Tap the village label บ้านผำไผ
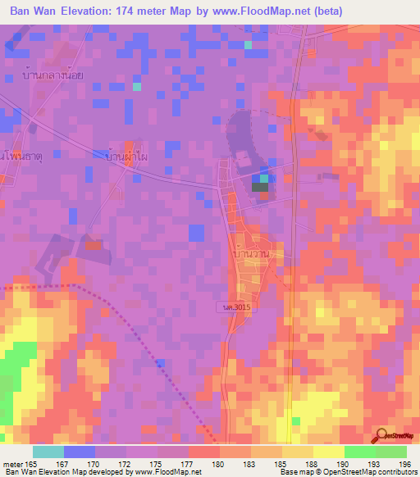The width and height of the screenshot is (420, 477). tap(126, 153)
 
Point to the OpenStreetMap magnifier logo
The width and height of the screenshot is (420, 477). tap(381, 436)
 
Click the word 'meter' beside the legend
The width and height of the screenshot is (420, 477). tap(14, 463)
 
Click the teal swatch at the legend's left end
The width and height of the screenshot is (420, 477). tap(48, 452)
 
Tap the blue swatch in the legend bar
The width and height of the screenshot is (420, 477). tap(80, 452)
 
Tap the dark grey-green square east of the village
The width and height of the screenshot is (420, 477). tap(260, 187)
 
